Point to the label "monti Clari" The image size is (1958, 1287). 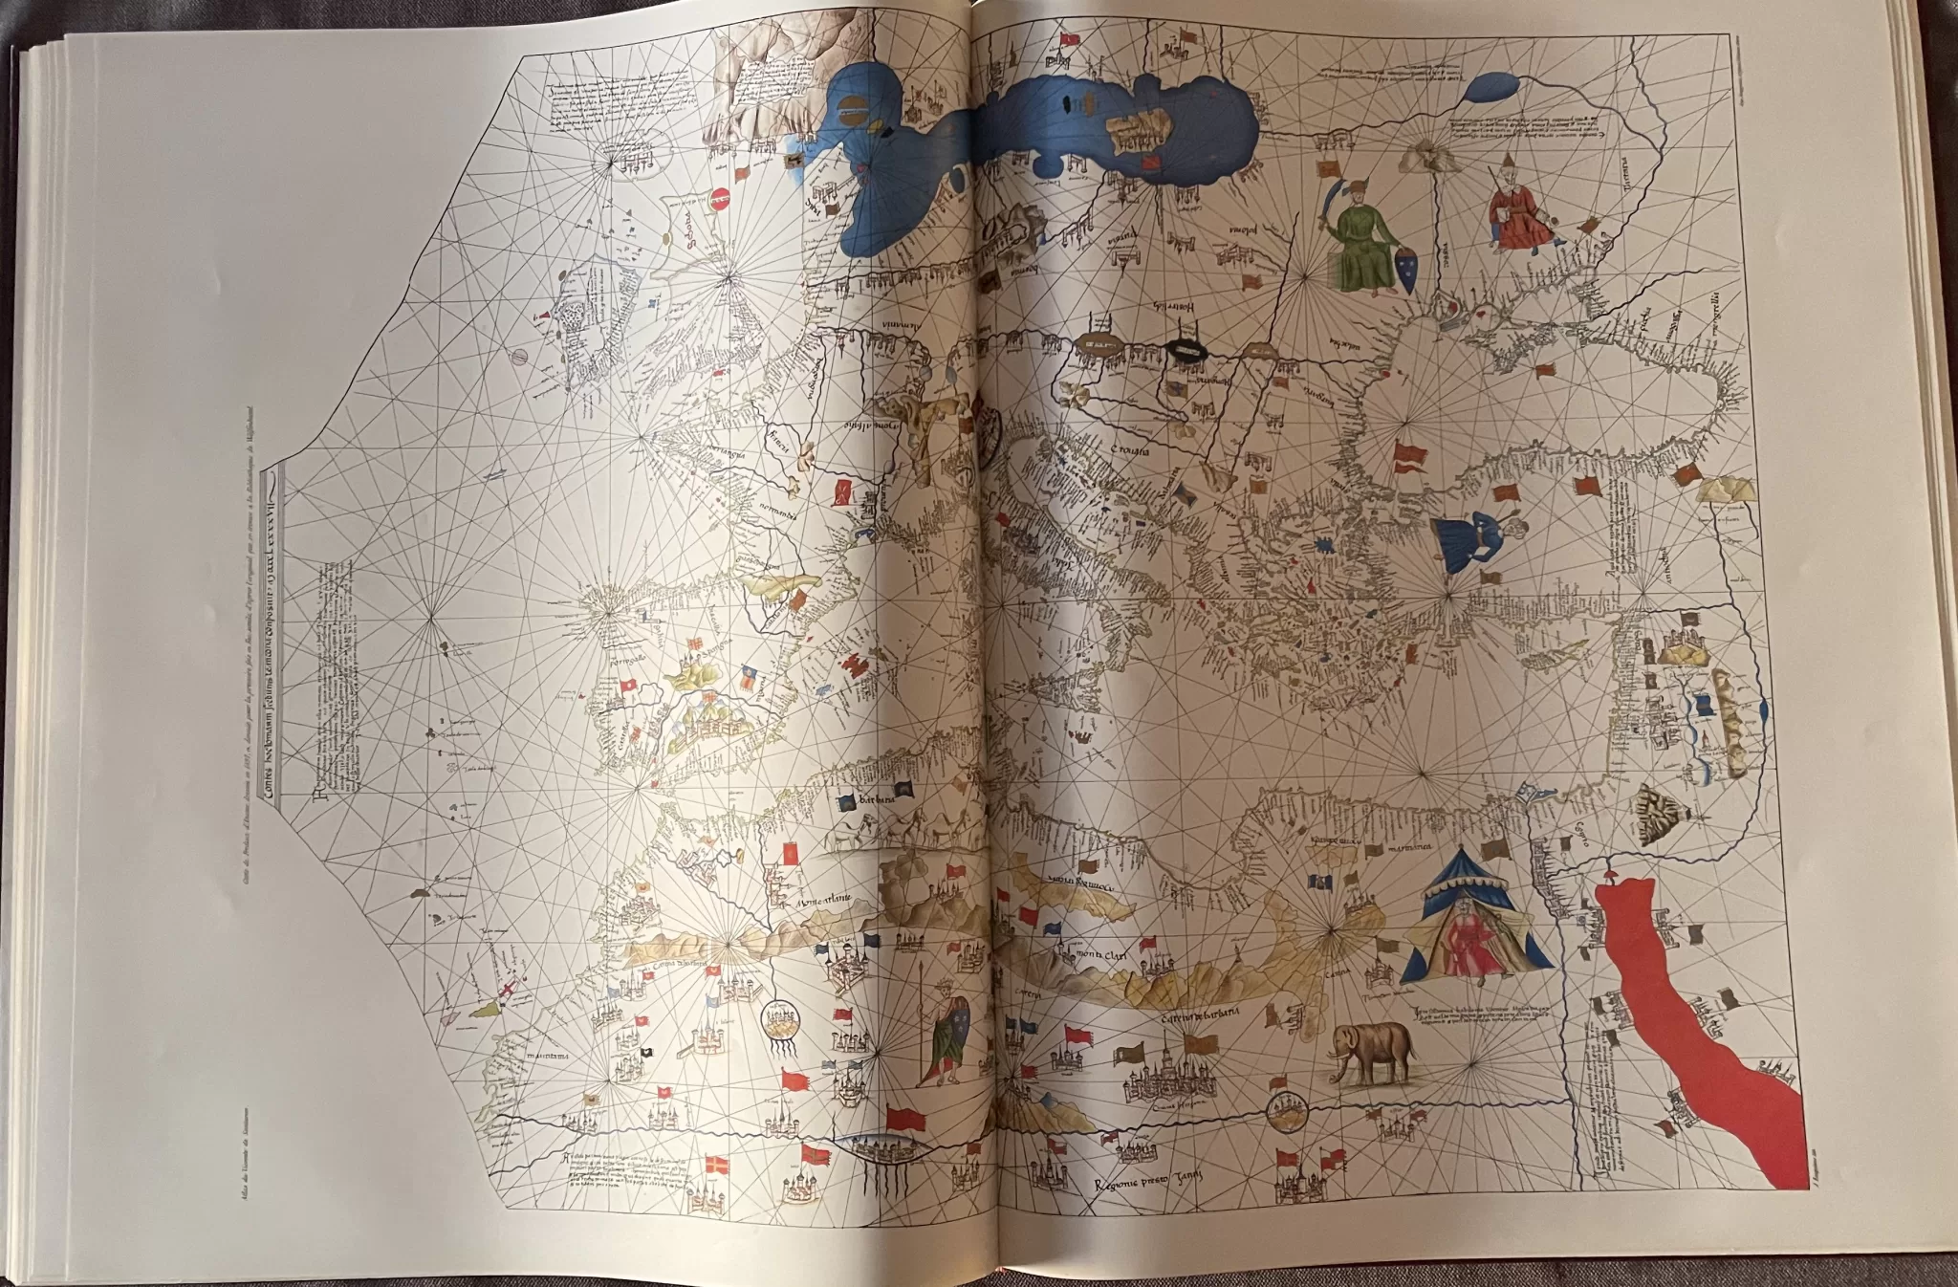pos(1091,953)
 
